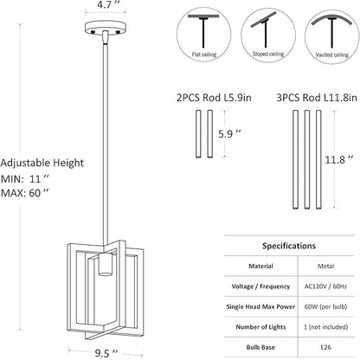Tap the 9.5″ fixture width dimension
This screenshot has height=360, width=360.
[x=106, y=353]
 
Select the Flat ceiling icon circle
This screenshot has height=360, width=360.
[x=204, y=35]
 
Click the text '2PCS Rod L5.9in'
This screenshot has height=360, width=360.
[x=214, y=98]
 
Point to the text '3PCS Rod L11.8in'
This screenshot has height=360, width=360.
[x=317, y=98]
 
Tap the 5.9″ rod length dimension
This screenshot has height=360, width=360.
[x=229, y=133]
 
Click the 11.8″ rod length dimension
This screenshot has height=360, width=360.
[x=339, y=159]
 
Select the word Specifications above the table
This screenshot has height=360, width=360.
[x=289, y=246]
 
